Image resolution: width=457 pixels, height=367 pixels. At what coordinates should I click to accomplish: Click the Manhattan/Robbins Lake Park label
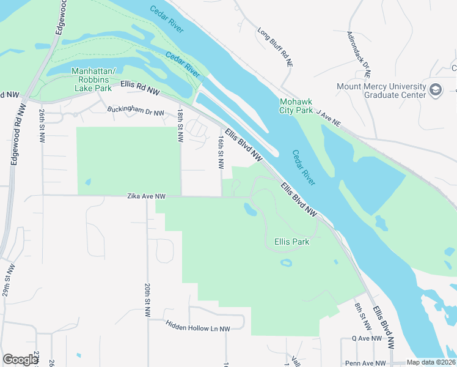tap(92, 80)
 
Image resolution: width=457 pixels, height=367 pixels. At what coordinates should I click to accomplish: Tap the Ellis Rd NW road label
tap(140, 87)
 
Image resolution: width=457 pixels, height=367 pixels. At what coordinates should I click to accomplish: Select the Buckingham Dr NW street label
tap(136, 113)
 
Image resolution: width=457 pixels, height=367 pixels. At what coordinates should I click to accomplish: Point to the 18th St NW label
tap(180, 126)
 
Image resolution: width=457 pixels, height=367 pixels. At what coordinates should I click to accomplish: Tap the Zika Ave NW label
tap(146, 196)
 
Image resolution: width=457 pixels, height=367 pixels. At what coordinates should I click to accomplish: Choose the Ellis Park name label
tap(291, 242)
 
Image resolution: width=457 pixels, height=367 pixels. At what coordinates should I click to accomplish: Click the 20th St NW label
tap(148, 300)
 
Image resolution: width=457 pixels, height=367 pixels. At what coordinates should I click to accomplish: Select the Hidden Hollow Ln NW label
tap(198, 328)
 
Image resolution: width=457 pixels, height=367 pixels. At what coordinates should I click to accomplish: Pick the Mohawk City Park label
tap(296, 106)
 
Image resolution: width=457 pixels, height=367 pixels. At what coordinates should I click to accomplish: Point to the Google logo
tap(21, 359)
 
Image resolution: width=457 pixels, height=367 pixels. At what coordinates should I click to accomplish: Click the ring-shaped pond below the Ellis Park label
tap(285, 263)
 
